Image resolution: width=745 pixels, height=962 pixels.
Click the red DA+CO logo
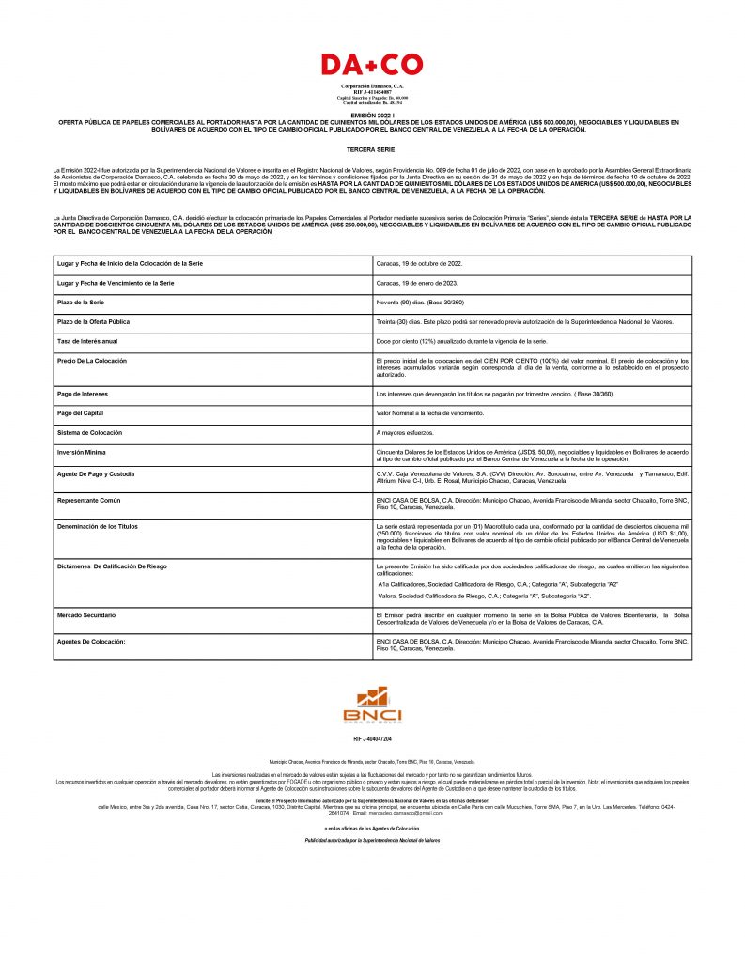coord(372,64)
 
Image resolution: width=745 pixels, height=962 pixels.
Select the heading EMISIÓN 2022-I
coord(372,114)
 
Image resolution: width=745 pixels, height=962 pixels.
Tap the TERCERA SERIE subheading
coord(372,149)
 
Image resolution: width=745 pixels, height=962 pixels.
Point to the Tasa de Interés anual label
coord(87,340)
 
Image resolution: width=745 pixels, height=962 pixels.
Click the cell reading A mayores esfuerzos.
coord(406,432)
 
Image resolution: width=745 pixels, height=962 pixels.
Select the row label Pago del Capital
coord(80,413)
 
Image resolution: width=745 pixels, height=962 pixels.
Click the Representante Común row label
coord(89,500)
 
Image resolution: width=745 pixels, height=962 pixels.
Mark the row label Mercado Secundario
coord(86,614)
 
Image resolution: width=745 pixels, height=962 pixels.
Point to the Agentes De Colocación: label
coord(91,641)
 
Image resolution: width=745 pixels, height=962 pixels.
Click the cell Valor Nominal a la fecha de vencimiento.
coord(430,413)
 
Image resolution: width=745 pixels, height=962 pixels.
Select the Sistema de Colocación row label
coord(90,432)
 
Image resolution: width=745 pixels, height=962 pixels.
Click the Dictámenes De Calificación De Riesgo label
coord(113,566)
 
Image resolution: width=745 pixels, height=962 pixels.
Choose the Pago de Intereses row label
coord(83,394)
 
